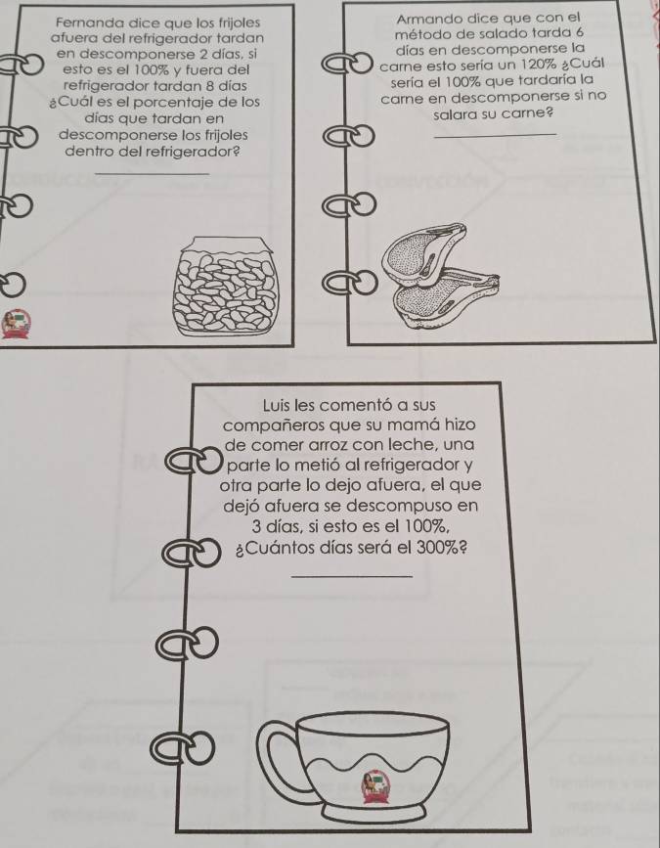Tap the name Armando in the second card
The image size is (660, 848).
(x=423, y=20)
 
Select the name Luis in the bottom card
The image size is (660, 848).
(x=275, y=405)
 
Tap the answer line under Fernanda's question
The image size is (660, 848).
(x=151, y=173)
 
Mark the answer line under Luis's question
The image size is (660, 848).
(x=351, y=576)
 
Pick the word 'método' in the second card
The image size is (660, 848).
(x=416, y=34)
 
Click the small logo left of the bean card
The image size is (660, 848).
(x=16, y=324)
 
